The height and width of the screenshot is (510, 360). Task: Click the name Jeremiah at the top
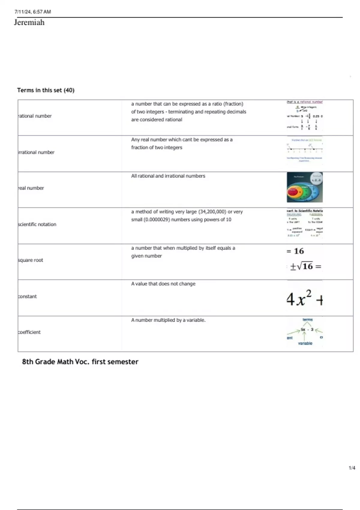(x=29, y=22)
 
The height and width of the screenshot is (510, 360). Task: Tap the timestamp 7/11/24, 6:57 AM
(x=33, y=12)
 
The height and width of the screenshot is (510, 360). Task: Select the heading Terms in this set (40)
(x=46, y=90)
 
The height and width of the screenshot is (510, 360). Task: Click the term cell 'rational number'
(x=35, y=116)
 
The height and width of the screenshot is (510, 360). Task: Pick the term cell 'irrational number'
(x=36, y=152)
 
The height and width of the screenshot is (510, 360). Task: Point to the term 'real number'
(x=31, y=188)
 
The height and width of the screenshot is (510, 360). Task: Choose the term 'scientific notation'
(x=37, y=224)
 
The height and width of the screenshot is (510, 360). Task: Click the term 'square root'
(x=31, y=260)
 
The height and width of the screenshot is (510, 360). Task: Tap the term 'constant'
(x=27, y=296)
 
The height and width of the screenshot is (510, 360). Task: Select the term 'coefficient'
(x=29, y=332)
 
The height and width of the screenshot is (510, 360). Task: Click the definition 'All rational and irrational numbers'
(x=168, y=176)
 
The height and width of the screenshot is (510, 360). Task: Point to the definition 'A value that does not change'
(x=163, y=283)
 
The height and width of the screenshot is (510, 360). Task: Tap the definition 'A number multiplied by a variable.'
(x=168, y=320)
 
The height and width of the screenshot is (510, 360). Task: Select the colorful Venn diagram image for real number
(x=304, y=187)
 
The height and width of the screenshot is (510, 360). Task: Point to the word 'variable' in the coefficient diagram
(x=305, y=343)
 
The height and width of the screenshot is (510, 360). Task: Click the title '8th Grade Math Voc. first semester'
(x=80, y=361)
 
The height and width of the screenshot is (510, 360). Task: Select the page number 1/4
(x=352, y=468)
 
